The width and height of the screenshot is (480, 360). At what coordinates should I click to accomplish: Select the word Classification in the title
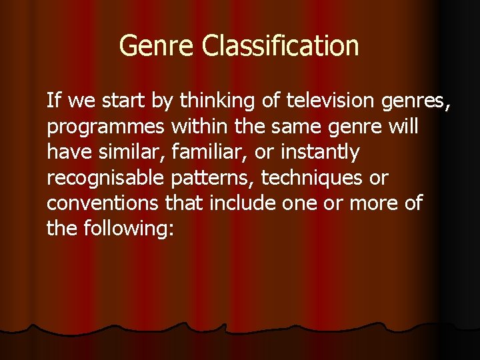(280, 46)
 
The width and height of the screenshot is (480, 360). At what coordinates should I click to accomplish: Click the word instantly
(320, 153)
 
